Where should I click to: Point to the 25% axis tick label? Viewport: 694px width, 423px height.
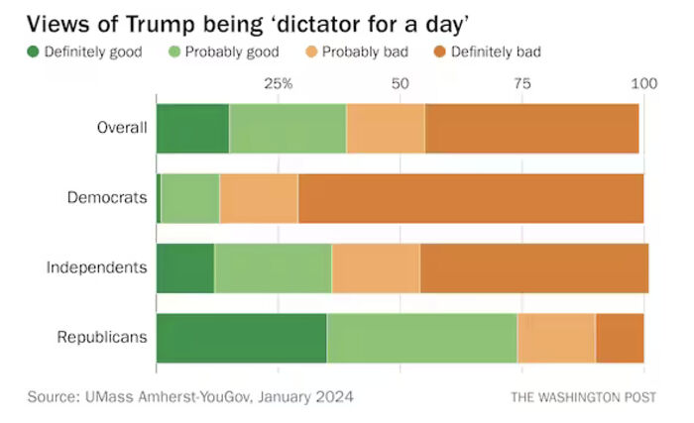point(278,83)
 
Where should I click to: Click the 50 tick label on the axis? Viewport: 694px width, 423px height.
point(400,83)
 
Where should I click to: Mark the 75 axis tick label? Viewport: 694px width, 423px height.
point(521,83)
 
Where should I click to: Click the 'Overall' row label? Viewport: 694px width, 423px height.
point(122,127)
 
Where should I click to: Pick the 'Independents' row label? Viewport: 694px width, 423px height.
point(98,266)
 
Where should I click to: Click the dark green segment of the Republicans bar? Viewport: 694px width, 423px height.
point(241,337)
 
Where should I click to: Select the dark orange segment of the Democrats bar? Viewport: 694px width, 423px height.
point(471,197)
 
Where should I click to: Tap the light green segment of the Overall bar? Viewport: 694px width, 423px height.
point(288,127)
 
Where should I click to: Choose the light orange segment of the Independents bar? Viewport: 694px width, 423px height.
point(376,266)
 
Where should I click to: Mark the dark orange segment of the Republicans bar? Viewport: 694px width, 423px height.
point(620,337)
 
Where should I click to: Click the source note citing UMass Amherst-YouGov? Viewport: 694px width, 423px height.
point(190,396)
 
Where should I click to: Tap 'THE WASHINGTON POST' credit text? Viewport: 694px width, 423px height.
point(583,397)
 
